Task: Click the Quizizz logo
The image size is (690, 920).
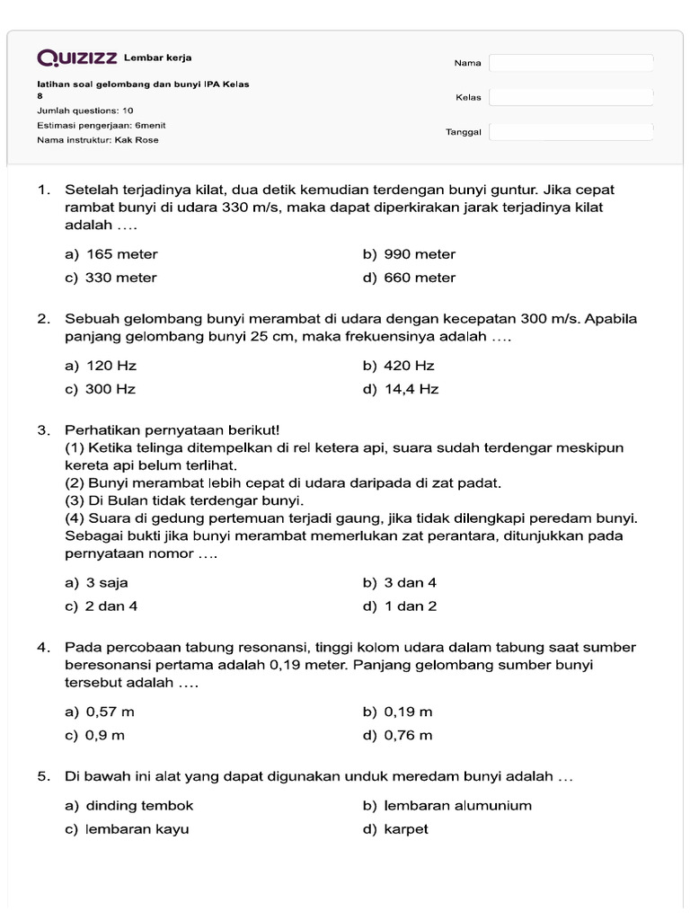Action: tap(77, 58)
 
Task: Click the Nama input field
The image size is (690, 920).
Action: tap(571, 63)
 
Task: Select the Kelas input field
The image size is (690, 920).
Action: tap(571, 97)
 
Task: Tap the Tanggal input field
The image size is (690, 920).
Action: tap(571, 132)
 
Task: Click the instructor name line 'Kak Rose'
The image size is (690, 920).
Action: tap(99, 140)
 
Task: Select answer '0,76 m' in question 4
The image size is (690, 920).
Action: tap(408, 736)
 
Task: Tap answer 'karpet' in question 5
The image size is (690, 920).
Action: tap(406, 829)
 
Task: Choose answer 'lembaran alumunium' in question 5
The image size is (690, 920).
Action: tap(457, 806)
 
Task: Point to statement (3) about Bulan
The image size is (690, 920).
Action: tap(184, 500)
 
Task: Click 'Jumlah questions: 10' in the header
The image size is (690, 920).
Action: tap(85, 111)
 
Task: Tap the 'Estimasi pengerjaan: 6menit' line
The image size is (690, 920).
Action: tap(101, 125)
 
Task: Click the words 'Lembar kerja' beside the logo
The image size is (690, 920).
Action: tap(157, 57)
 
